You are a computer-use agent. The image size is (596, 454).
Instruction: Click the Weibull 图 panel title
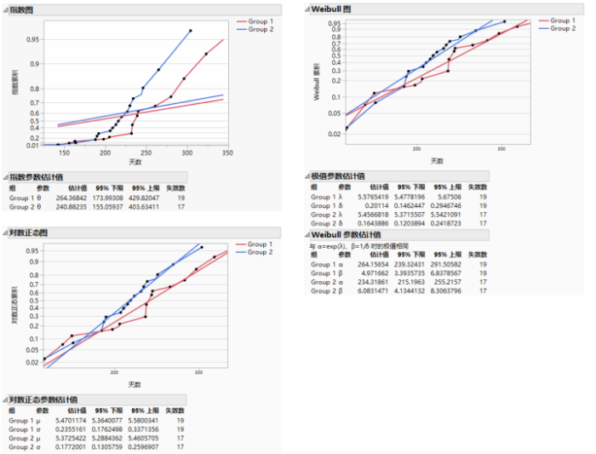[x=332, y=9]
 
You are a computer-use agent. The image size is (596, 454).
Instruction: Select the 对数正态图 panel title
[x=33, y=233]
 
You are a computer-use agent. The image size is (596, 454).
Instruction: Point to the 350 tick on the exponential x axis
[x=227, y=152]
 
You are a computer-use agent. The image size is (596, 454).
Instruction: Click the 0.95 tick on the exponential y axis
[x=33, y=39]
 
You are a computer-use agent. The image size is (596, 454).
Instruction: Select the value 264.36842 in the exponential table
[x=72, y=198]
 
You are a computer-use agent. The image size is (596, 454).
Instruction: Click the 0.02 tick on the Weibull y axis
[x=334, y=134]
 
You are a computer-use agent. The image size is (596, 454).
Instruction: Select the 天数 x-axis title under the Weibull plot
[x=437, y=161]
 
